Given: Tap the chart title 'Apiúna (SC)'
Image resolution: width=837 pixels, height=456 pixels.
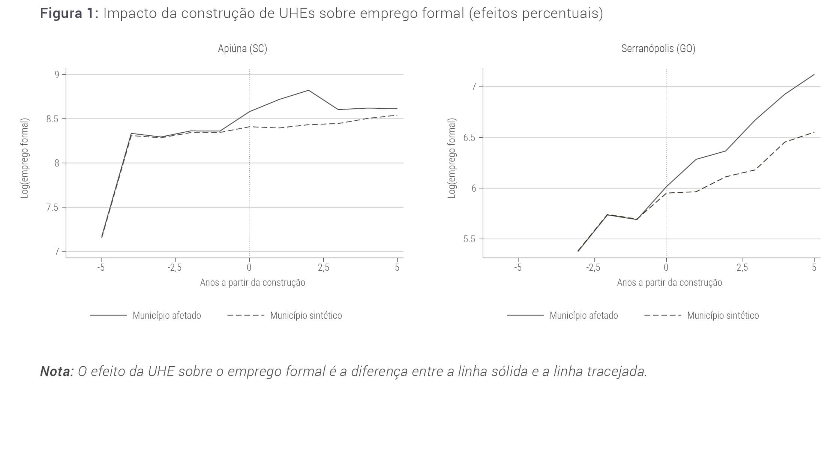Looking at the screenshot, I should (x=242, y=49).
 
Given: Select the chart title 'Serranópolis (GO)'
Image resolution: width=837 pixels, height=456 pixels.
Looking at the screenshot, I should (x=658, y=49).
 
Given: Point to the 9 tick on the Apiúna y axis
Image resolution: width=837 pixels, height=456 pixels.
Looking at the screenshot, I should (x=57, y=74).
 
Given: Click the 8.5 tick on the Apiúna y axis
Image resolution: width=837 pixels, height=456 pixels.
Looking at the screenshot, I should (x=53, y=119).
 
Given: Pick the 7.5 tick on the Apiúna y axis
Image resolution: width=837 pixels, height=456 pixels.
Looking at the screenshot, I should (x=53, y=207).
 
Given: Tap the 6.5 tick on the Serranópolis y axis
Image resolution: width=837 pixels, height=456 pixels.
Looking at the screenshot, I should (x=469, y=138).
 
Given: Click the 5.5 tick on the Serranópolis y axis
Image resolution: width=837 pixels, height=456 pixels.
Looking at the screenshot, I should (x=469, y=239).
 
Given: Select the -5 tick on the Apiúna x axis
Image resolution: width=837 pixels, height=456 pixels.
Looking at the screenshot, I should (x=101, y=268).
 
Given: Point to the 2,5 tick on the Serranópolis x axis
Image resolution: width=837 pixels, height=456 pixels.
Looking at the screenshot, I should (x=742, y=268).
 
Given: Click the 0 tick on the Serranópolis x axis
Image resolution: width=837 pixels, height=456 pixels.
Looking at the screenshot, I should (x=666, y=268).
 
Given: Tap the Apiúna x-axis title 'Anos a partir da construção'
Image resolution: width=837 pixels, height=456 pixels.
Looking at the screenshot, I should (x=252, y=283).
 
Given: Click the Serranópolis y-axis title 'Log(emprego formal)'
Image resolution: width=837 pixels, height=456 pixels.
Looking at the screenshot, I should (x=452, y=158).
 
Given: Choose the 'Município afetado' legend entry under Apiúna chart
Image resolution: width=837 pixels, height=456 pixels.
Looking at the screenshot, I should (x=166, y=316).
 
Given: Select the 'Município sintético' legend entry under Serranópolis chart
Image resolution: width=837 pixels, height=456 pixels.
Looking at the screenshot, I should (x=723, y=316).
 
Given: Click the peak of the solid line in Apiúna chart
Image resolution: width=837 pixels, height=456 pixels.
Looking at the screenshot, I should (x=309, y=90).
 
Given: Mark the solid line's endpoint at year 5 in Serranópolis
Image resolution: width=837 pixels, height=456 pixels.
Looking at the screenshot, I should (x=814, y=74).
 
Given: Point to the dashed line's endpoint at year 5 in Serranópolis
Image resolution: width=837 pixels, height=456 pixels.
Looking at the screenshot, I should (x=814, y=132).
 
